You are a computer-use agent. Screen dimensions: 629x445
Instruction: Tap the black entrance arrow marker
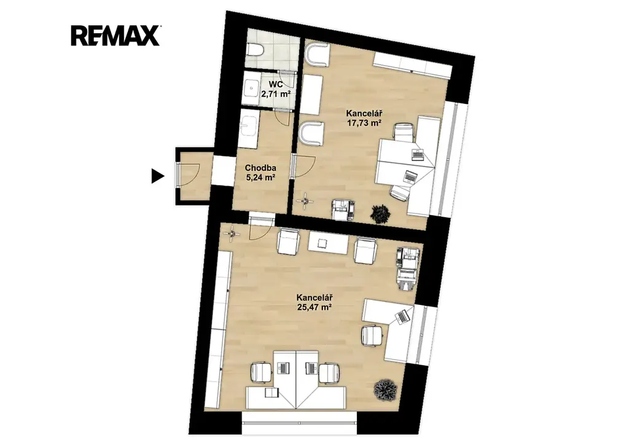(x=158, y=176)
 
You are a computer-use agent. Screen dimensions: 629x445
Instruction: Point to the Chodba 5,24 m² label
(x=260, y=173)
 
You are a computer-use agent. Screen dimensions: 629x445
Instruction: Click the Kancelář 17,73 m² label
(x=364, y=119)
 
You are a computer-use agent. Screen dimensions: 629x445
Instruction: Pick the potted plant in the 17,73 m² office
(x=380, y=214)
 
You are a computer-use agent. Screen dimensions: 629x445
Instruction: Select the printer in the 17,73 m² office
(x=343, y=210)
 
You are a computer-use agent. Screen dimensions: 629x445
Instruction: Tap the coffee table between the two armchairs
(x=328, y=243)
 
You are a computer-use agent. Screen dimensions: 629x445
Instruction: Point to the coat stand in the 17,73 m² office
(x=306, y=200)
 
